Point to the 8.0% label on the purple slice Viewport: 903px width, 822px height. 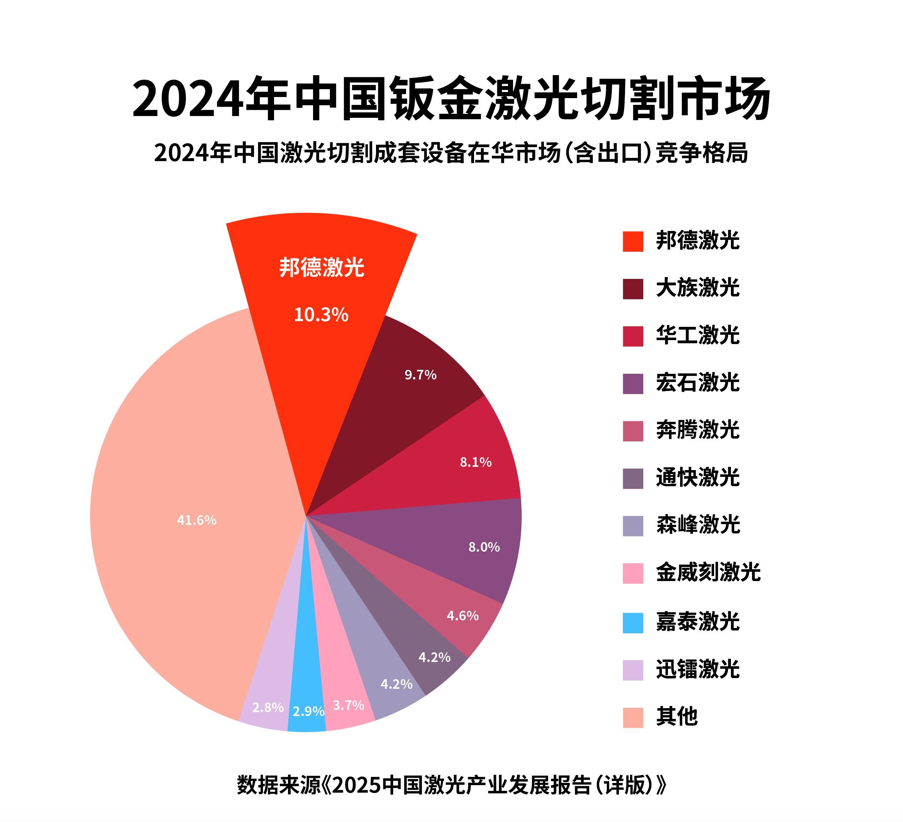click(484, 547)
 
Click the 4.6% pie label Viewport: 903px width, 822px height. click(462, 616)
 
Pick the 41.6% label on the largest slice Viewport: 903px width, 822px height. click(197, 520)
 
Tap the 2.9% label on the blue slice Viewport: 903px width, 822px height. click(308, 711)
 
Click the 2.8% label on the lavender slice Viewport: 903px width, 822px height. click(268, 707)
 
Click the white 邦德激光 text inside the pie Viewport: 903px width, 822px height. click(322, 267)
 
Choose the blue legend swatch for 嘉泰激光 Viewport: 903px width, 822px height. click(633, 623)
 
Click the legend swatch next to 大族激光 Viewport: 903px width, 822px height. click(633, 289)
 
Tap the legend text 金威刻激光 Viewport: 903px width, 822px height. click(708, 573)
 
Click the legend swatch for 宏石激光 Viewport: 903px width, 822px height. click(633, 384)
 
